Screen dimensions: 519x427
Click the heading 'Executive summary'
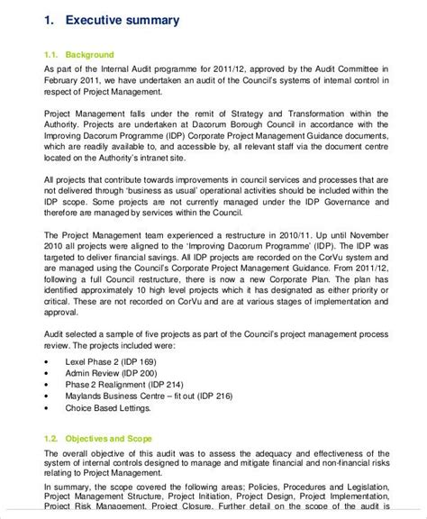click(x=124, y=20)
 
